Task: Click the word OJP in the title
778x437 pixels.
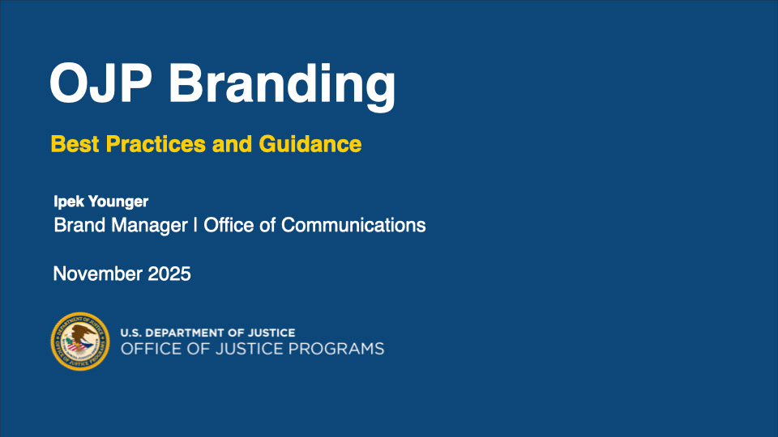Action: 100,83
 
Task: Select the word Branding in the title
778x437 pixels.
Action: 282,87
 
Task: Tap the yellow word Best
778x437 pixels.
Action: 75,144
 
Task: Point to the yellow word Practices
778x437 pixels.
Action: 156,144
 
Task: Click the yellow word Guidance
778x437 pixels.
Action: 310,144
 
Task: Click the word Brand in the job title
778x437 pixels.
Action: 79,225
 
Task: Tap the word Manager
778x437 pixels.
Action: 149,226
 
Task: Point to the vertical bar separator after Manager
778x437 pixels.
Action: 195,226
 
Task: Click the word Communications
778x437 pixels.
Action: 353,225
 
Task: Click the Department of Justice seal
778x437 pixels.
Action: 80,342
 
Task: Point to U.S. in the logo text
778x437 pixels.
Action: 130,333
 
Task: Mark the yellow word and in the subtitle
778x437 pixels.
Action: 233,144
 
